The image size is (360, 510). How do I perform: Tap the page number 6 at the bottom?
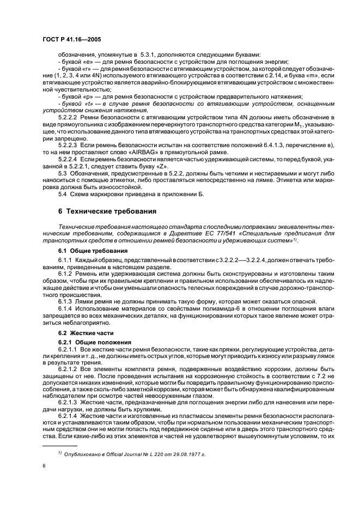pos(43,466)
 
